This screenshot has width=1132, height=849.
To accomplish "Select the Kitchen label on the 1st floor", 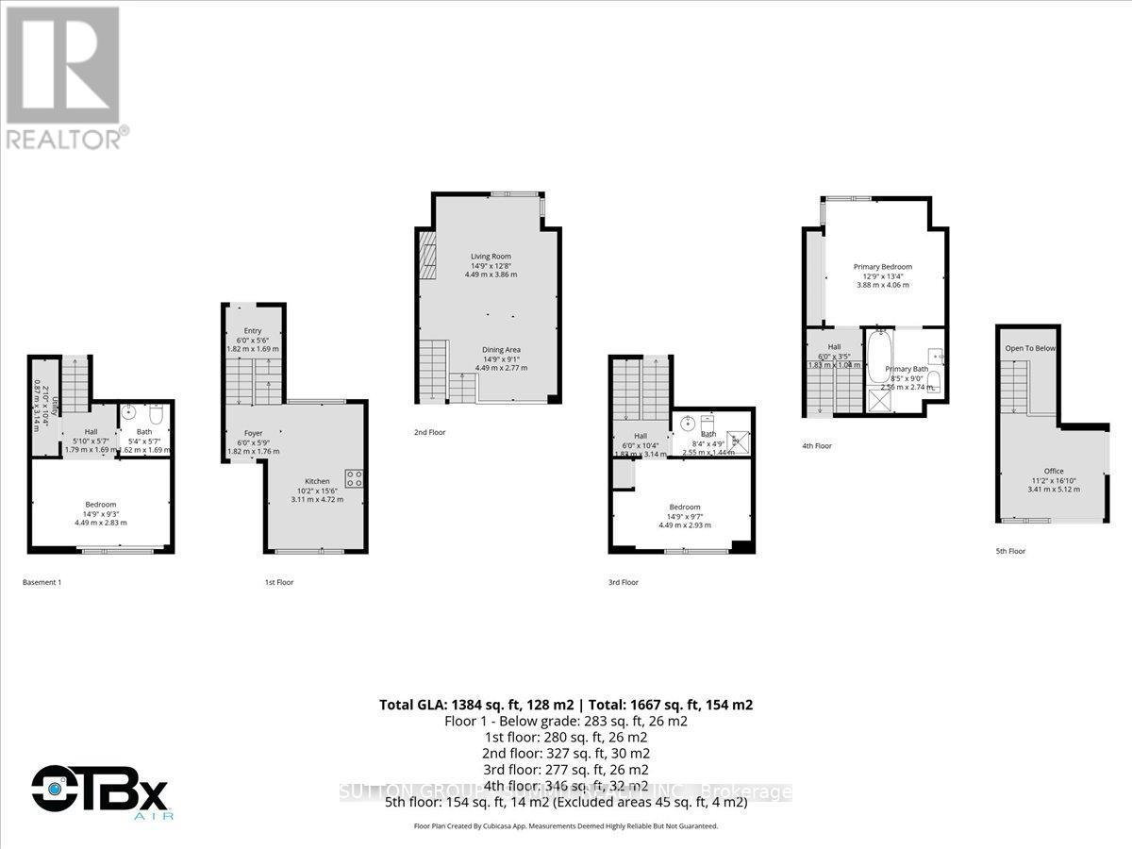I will (317, 481).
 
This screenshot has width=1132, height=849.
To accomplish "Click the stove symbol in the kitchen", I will (355, 478).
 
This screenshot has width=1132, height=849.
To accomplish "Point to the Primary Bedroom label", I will (883, 267).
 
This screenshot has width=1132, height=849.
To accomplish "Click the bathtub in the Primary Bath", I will (877, 360).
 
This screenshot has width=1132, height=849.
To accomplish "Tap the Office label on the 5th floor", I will (1054, 472).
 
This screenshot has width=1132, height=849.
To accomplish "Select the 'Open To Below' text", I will (1030, 348).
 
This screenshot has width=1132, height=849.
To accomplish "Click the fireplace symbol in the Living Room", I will (428, 258).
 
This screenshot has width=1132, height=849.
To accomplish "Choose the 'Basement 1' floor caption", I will (42, 582).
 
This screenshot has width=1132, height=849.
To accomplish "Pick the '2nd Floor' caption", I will (429, 432).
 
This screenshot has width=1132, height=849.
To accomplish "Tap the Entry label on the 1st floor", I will (253, 330).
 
